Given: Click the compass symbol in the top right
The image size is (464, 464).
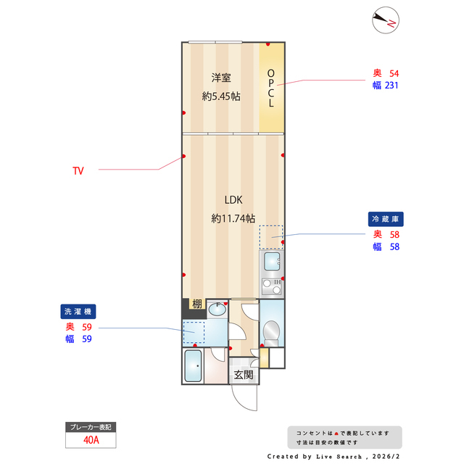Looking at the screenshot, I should click(x=384, y=21).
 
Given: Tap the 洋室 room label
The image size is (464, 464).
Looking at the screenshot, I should click(x=221, y=78).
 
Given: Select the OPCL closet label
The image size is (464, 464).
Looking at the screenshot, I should click(x=271, y=88).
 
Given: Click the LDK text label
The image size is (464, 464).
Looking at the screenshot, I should click(x=233, y=200).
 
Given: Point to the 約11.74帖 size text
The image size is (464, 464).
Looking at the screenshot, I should click(x=233, y=217).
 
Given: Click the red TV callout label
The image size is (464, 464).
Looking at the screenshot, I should click(x=78, y=171).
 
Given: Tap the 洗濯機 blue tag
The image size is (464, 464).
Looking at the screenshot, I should click(x=78, y=311).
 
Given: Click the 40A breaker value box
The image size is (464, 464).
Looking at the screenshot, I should click(x=91, y=439).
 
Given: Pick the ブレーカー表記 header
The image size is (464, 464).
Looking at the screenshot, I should click(x=91, y=427).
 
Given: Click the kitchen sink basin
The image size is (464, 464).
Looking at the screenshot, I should click(x=272, y=261).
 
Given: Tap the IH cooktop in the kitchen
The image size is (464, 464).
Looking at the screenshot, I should click(x=272, y=285).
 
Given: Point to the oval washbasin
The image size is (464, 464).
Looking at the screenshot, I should click(x=217, y=310).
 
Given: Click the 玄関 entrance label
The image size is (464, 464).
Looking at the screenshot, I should click(x=243, y=375).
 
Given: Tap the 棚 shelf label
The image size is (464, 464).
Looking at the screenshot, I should click(x=196, y=304).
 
